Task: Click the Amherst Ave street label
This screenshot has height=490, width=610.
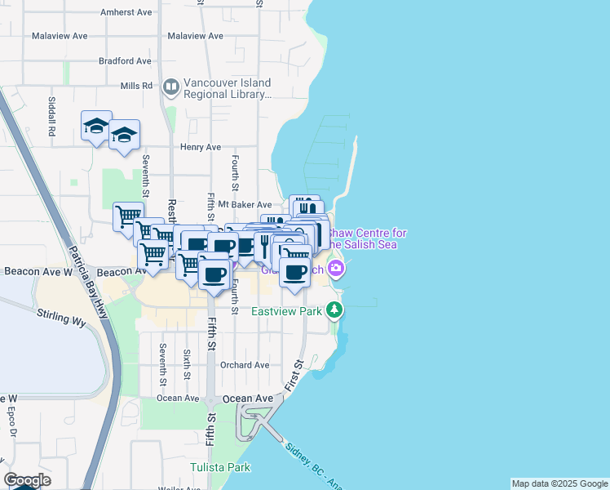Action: click(x=126, y=13)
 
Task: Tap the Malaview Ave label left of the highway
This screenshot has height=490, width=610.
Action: click(x=60, y=37)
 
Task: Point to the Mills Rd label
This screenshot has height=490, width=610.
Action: click(x=136, y=86)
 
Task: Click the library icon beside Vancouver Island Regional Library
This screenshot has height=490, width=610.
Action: click(x=171, y=87)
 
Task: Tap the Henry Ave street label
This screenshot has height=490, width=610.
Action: click(x=201, y=147)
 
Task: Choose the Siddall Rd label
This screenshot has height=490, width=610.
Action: click(x=51, y=118)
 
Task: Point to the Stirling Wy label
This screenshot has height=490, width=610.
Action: click(x=61, y=316)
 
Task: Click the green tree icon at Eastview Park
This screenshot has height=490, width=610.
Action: click(x=334, y=310)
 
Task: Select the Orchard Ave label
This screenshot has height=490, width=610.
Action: click(x=245, y=365)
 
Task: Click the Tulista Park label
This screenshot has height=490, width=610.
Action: click(x=220, y=467)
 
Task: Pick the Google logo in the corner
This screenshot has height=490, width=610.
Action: click(x=27, y=480)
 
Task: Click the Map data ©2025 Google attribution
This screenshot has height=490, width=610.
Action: click(x=559, y=483)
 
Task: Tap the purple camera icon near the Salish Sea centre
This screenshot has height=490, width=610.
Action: click(x=335, y=267)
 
